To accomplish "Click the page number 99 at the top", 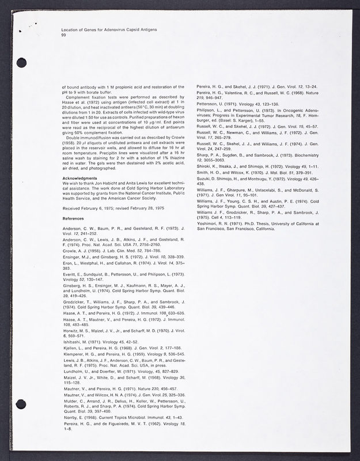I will pyautogui.click(x=63, y=35).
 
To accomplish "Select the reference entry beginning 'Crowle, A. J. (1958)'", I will pyautogui.click(x=109, y=251).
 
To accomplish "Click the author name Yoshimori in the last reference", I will pyautogui.click(x=209, y=223).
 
